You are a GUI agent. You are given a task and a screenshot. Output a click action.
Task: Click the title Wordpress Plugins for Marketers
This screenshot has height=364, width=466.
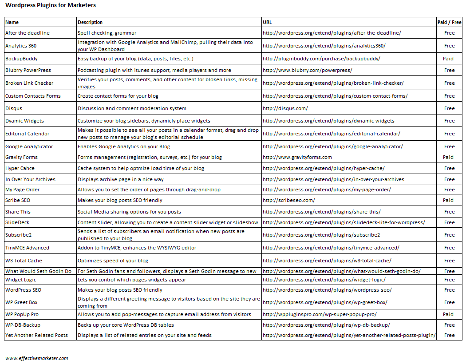tap(50, 5)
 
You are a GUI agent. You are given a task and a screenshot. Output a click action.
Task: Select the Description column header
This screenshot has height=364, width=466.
tap(90, 22)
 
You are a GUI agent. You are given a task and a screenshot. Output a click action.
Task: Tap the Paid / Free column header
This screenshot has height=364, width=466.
tap(449, 22)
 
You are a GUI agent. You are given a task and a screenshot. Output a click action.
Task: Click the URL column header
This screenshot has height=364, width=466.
tap(267, 22)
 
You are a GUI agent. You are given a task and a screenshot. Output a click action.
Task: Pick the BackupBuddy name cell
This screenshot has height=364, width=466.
tap(21, 59)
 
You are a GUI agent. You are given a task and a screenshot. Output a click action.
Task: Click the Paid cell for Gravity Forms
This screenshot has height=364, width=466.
tap(448, 157)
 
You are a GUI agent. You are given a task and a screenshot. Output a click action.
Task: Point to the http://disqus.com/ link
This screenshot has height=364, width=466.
tap(285, 108)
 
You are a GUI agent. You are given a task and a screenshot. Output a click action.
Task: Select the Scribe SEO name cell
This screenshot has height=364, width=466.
tap(18, 200)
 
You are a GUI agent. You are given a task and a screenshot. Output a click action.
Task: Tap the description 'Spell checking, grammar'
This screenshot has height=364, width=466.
tap(107, 33)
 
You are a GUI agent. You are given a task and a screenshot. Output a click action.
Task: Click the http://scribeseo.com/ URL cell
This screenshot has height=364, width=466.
tap(288, 200)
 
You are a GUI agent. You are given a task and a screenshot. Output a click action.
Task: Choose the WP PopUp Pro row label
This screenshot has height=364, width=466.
tap(22, 314)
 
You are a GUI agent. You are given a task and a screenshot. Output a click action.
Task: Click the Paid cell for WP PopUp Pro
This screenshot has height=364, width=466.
tap(448, 314)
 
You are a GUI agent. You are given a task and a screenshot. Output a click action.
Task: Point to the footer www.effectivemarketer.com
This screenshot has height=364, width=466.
tap(37, 358)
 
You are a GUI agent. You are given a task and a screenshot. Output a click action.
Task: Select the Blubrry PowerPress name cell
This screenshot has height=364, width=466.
tap(28, 70)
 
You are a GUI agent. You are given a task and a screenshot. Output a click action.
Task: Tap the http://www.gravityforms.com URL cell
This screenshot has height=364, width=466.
tap(297, 157)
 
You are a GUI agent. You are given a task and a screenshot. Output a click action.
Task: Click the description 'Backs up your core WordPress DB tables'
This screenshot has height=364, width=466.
tap(126, 325)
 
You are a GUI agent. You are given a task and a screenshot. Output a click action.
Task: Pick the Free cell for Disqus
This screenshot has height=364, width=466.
tap(449, 108)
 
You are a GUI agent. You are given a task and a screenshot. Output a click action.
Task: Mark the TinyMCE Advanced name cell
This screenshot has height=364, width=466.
tap(27, 248)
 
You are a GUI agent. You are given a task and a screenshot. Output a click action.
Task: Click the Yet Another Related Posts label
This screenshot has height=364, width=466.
tap(36, 335)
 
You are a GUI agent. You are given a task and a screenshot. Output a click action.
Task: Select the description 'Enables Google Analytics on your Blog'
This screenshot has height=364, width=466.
tap(123, 146)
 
